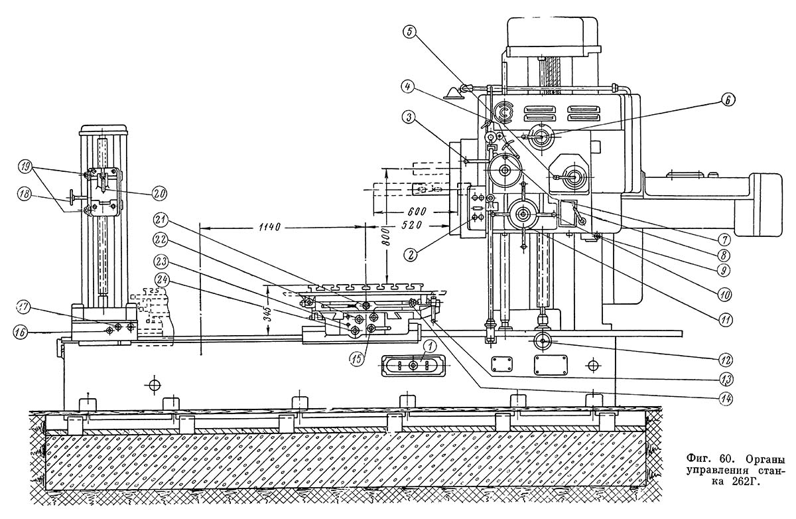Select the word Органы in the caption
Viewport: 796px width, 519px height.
tap(767, 459)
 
